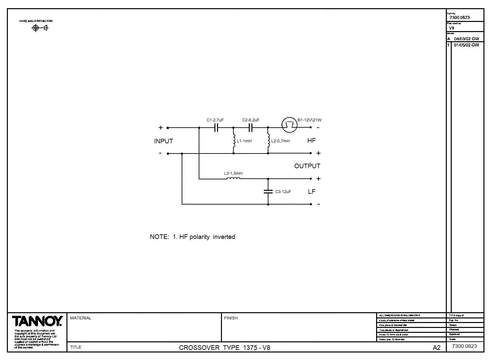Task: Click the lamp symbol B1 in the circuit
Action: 289,125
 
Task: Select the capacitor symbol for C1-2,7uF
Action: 216,128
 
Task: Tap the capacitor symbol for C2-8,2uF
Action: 251,128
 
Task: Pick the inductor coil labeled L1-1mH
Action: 234,141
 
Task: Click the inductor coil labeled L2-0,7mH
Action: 268,141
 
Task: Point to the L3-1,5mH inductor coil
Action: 233,178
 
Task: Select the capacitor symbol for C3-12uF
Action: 268,191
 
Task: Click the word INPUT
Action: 163,141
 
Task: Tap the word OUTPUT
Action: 307,166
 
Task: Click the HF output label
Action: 311,140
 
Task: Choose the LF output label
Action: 311,191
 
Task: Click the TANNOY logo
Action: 37,321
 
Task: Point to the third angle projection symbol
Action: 40,28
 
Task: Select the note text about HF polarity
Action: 192,237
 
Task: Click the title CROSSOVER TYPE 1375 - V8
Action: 225,348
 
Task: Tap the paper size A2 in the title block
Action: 437,348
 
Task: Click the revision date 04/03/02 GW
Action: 466,39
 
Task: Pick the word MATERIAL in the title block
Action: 81,318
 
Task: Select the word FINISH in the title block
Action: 231,318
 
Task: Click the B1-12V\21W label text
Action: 309,120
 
